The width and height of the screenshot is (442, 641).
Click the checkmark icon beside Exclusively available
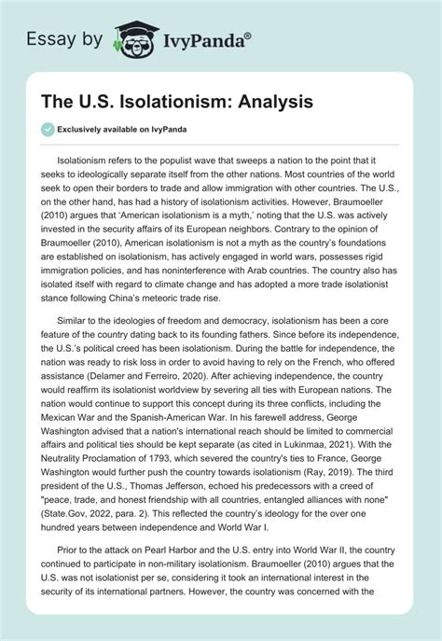(48, 129)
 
